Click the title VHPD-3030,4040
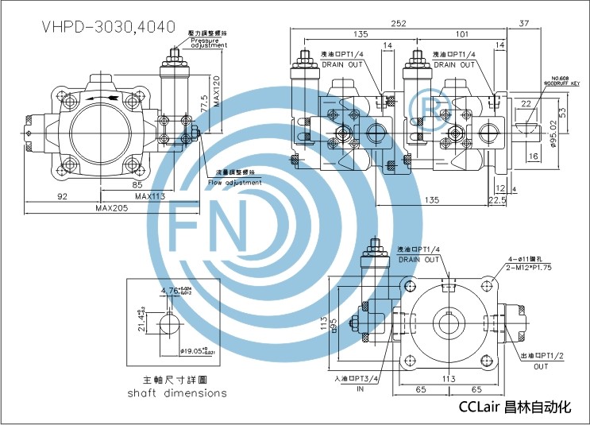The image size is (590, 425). coord(107,25)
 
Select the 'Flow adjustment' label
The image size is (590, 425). coord(234,182)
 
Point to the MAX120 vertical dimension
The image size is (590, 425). coord(216,83)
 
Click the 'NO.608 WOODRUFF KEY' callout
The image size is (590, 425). coord(565,80)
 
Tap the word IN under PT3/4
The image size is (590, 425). coord(361,390)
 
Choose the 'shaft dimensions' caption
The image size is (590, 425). coord(176,392)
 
